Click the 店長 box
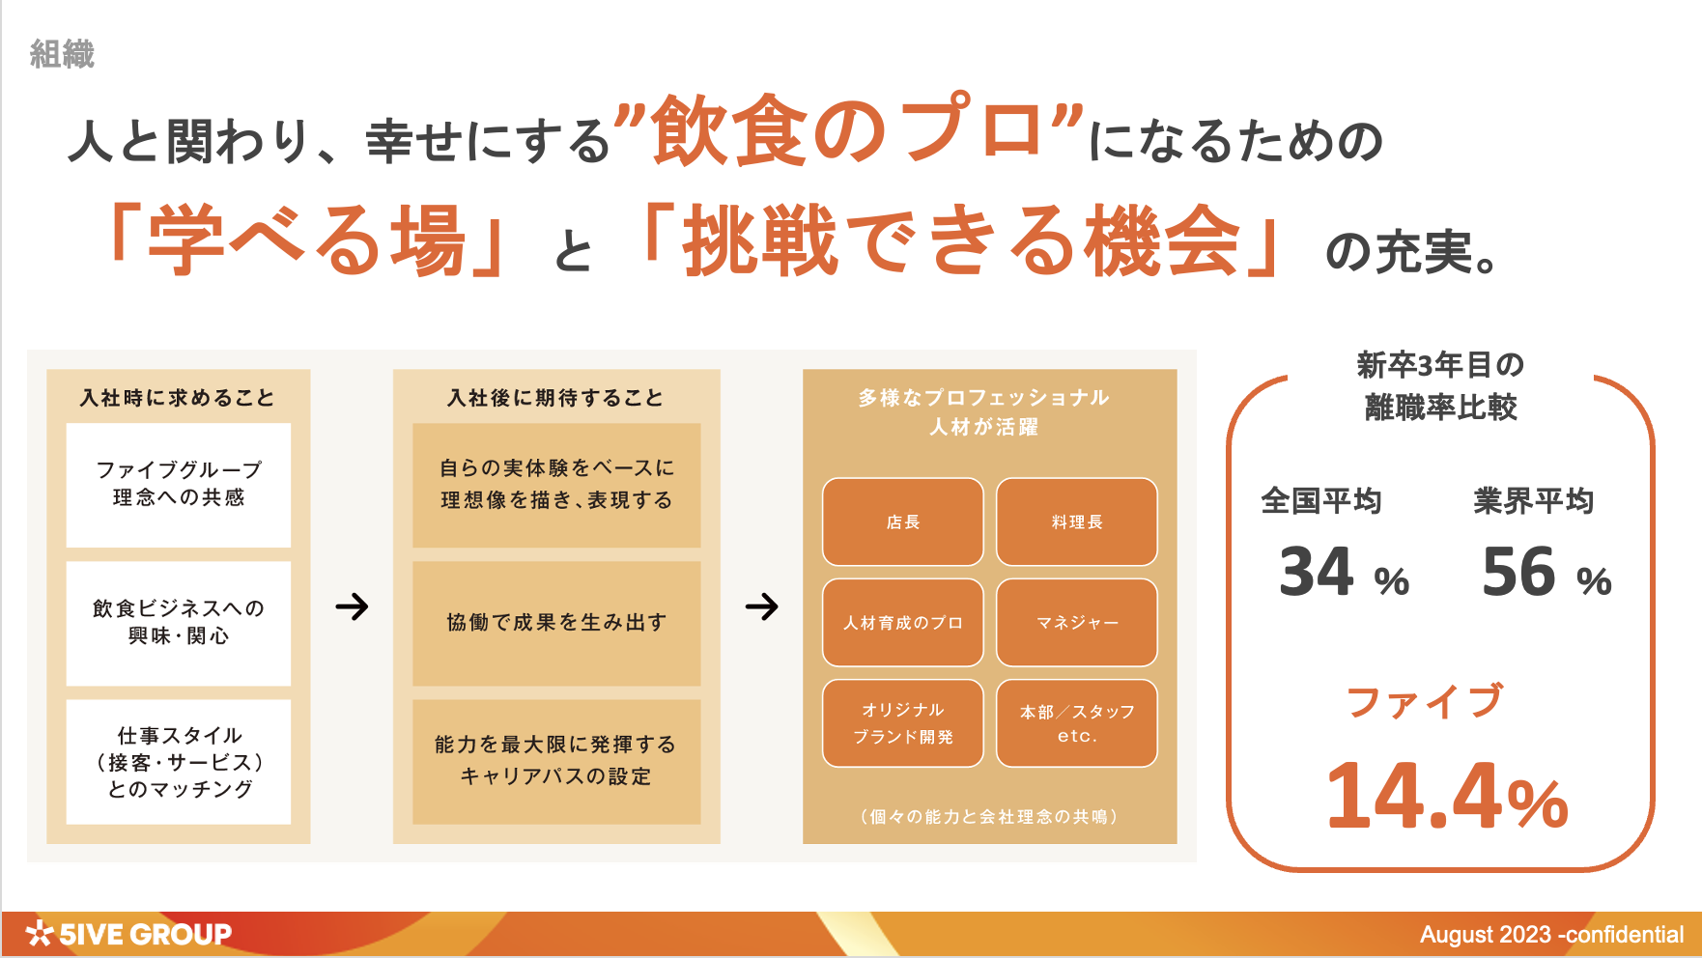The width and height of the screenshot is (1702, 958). tap(903, 521)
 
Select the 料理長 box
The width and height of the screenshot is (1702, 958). tap(1077, 521)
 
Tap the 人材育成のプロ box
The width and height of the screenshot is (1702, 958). tap(903, 623)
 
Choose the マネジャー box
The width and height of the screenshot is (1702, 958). tap(1077, 623)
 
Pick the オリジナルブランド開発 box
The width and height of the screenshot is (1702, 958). tap(903, 723)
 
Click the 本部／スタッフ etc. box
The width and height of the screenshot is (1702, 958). tap(1077, 723)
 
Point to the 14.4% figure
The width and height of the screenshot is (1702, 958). tap(1447, 796)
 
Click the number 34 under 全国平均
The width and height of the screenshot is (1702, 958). tap(1317, 571)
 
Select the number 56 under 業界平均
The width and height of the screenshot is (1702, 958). tap(1519, 571)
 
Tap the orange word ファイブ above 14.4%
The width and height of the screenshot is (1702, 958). tap(1425, 701)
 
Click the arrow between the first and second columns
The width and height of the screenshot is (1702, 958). tap(352, 606)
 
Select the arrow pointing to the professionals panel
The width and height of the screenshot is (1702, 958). tap(761, 606)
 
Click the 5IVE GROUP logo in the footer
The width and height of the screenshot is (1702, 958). tap(128, 934)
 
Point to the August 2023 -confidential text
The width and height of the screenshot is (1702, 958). tap(1551, 935)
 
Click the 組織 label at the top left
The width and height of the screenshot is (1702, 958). tap(63, 54)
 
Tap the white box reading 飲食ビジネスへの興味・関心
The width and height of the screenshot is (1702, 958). tap(179, 623)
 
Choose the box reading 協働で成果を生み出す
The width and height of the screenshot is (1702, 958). tap(556, 623)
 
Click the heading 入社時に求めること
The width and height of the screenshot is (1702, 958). tap(178, 398)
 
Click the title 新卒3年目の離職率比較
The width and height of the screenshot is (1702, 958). tap(1440, 386)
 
